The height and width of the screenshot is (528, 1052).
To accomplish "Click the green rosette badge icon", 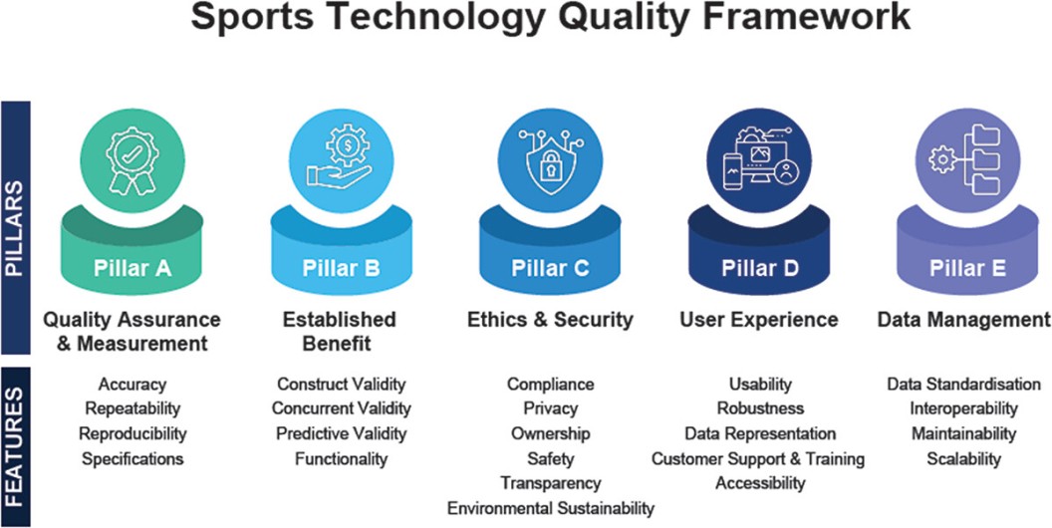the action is pyautogui.click(x=132, y=161).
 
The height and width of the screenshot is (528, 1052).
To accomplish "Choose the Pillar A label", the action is pyautogui.click(x=132, y=268).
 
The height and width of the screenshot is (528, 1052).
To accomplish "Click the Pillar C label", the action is pyautogui.click(x=550, y=268).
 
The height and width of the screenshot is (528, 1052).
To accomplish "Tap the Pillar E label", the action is pyautogui.click(x=967, y=268).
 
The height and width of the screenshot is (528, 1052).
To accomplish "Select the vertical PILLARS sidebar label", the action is pyautogui.click(x=15, y=227).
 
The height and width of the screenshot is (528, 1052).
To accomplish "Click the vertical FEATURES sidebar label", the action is pyautogui.click(x=15, y=445).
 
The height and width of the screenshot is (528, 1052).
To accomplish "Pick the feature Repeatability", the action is pyautogui.click(x=132, y=408).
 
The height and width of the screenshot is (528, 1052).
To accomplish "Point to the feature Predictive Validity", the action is pyautogui.click(x=342, y=434).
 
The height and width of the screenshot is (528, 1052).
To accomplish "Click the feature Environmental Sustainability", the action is pyautogui.click(x=550, y=508).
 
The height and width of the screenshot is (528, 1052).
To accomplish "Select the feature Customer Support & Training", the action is pyautogui.click(x=758, y=459).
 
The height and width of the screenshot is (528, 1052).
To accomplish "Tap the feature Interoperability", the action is pyautogui.click(x=963, y=408).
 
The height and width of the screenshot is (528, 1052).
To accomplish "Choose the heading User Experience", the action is pyautogui.click(x=759, y=320).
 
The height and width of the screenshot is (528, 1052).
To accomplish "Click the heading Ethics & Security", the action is pyautogui.click(x=550, y=320).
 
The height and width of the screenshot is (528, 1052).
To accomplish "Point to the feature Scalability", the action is pyautogui.click(x=963, y=459).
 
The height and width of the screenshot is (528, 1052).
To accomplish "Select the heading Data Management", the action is pyautogui.click(x=963, y=320).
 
